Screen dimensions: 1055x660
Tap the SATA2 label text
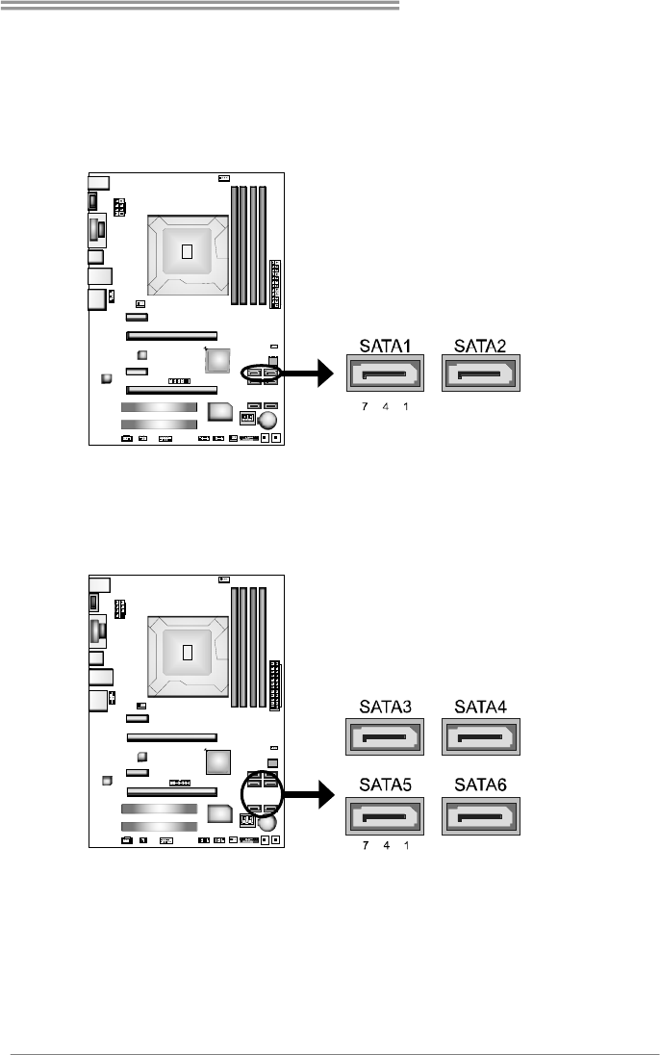[x=480, y=347]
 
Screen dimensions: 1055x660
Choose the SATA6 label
[x=480, y=784]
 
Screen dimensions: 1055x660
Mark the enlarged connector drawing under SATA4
[x=480, y=739]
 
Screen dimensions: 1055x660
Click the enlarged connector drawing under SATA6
[x=480, y=816]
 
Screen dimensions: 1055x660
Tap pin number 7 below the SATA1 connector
[x=365, y=407]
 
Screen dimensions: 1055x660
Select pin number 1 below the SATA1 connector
[x=406, y=407]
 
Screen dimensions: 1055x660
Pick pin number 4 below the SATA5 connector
[x=385, y=851]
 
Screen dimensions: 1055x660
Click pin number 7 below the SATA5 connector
[x=365, y=851]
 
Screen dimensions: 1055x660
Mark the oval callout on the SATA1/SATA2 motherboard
[x=263, y=373]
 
